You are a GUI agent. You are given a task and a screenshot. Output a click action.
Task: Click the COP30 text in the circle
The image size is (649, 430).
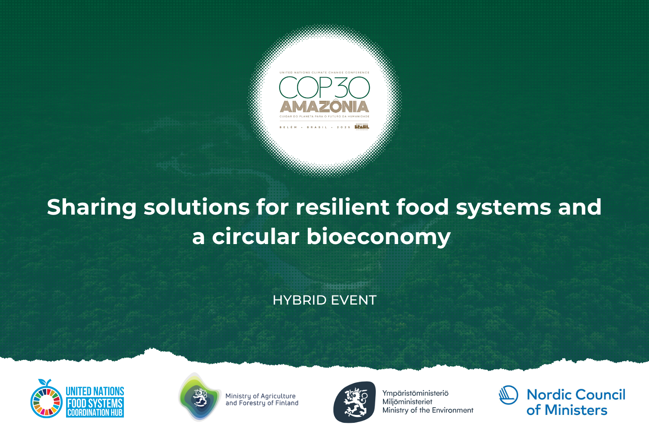pos(324,88)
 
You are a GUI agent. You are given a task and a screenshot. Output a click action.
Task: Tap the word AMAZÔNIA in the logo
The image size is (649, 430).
pos(324,106)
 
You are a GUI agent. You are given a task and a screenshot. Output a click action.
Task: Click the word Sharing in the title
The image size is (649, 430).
pos(92,207)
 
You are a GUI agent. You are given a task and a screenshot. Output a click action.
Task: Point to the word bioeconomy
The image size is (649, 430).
pos(378,236)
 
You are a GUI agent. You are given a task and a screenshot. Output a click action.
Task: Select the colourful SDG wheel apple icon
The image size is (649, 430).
pos(47,399)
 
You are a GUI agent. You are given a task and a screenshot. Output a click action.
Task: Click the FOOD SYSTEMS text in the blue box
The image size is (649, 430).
pos(95,403)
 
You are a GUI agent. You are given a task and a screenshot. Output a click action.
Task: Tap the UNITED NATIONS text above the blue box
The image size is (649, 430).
pos(95,391)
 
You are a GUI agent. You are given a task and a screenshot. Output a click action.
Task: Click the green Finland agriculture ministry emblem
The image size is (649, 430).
pos(199,397)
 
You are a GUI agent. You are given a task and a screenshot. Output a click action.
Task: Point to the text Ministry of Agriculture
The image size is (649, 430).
pos(260,396)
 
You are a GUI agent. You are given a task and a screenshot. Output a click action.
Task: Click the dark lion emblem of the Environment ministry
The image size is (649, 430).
pos(354,402)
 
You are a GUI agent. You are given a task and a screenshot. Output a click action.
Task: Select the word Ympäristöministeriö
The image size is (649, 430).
pos(415,393)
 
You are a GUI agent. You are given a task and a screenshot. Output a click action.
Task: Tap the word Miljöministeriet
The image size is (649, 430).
pos(407,402)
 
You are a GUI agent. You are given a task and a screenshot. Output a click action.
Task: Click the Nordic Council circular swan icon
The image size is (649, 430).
pos(508,395)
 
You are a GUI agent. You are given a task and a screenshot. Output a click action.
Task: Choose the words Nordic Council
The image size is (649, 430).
pos(576,395)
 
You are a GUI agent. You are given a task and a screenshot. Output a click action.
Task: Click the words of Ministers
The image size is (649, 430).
pos(567,410)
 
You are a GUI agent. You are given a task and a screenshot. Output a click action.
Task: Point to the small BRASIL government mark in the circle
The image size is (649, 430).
pos(362,127)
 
